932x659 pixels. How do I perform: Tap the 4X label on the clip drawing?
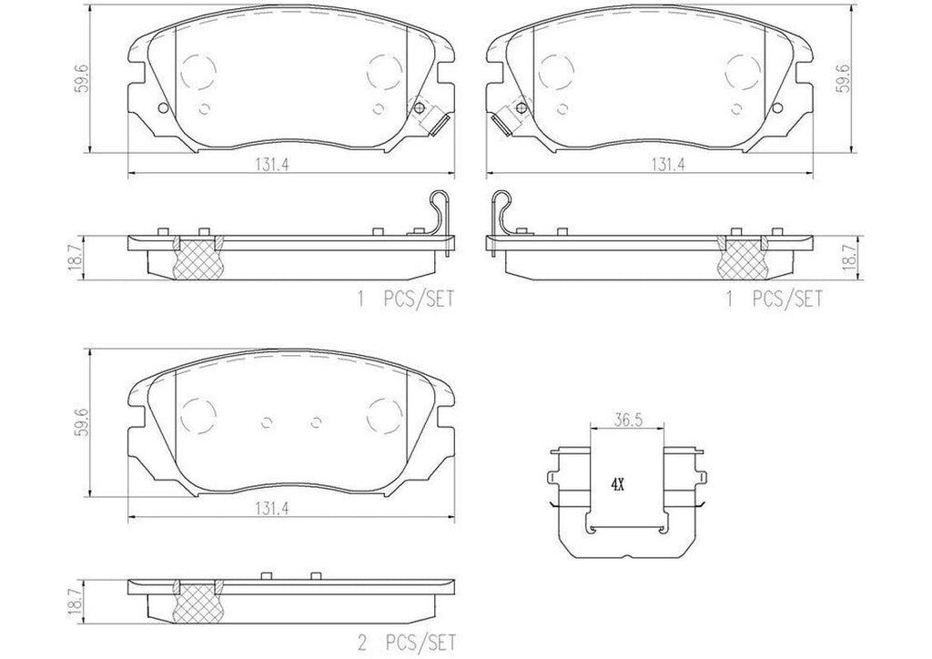point(617,485)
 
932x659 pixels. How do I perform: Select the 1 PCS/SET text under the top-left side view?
point(406,298)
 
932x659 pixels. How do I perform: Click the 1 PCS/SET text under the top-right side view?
point(774,298)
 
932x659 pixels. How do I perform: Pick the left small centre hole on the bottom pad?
point(267,421)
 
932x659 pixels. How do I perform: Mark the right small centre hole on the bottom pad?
point(317,421)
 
